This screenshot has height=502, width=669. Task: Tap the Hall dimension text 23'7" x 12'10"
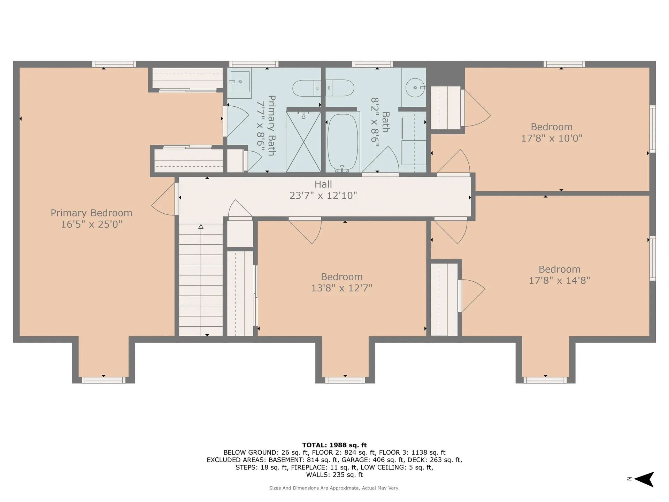pos(323,196)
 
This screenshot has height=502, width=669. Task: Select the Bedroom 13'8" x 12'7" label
pos(342,282)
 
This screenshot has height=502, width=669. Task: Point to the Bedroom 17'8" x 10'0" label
pos(552,132)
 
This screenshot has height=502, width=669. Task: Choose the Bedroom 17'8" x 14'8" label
pos(560,275)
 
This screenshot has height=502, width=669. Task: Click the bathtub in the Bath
pos(343,142)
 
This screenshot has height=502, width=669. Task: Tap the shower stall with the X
pos(303,142)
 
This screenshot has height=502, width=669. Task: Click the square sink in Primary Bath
pos(240,82)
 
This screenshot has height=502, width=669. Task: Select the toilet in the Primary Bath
pos(307,88)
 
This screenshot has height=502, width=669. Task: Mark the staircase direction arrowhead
pos(201,227)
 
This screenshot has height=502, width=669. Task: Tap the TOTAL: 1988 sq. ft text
pos(334,445)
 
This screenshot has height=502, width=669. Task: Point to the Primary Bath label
pos(271,125)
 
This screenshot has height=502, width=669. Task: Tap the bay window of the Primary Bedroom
pos(103,380)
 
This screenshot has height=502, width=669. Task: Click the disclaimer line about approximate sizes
pos(334,488)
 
